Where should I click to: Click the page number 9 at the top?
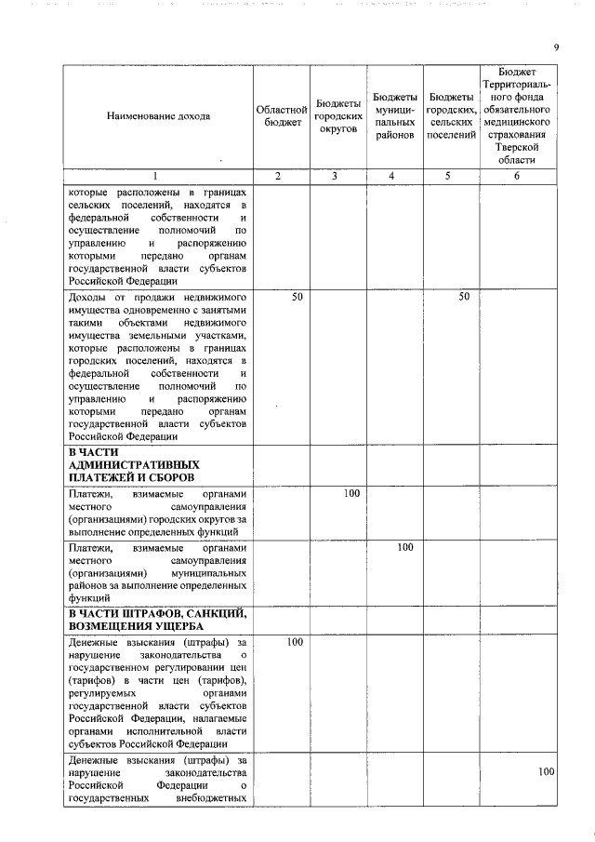click(555, 47)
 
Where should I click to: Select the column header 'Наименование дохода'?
click(158, 116)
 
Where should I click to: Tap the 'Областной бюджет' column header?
click(282, 116)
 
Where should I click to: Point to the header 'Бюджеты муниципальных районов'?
click(394, 116)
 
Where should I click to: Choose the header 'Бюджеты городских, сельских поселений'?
click(451, 116)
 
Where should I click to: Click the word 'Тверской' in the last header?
click(517, 147)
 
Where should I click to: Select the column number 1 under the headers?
click(155, 176)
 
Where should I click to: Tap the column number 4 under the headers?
click(393, 176)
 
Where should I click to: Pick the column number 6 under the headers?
click(517, 176)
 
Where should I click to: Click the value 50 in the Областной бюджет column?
click(297, 297)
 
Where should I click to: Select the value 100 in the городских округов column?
click(350, 493)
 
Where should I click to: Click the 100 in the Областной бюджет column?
click(295, 642)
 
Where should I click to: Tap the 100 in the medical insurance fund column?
click(546, 771)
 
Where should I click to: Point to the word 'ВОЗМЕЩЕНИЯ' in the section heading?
click(112, 626)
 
